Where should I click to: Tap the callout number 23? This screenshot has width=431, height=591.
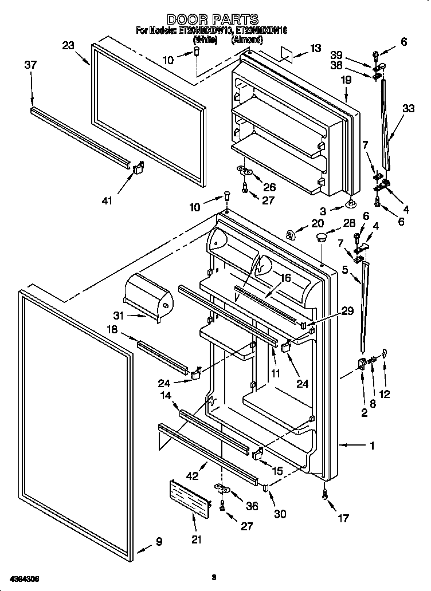[69, 45]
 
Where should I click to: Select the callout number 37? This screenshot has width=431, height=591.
[30, 65]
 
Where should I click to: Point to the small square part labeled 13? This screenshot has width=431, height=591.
[289, 52]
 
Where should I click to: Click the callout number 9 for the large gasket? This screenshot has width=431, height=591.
[159, 541]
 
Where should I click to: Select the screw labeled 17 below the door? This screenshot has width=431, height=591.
[326, 497]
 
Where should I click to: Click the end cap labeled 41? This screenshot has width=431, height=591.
[139, 168]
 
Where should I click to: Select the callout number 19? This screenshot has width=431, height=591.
[346, 80]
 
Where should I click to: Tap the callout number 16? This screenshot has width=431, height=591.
[285, 278]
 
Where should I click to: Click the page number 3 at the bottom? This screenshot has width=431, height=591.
[213, 577]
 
